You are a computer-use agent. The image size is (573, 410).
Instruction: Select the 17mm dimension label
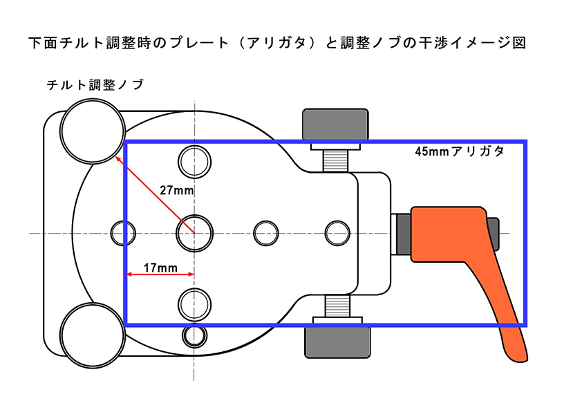click(x=160, y=266)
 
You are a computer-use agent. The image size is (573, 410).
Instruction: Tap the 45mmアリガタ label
click(x=459, y=151)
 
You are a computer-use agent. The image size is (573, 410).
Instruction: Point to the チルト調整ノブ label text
click(x=95, y=85)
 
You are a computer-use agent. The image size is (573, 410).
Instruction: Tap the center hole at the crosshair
click(x=194, y=233)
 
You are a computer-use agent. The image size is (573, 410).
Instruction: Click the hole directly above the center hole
click(x=194, y=162)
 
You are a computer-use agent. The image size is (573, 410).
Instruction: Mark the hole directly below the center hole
click(x=194, y=302)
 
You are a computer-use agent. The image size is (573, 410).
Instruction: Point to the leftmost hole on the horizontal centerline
click(x=124, y=232)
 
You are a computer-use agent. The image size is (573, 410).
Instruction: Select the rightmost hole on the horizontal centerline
click(x=338, y=232)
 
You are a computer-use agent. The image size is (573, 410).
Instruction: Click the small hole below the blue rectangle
click(x=194, y=336)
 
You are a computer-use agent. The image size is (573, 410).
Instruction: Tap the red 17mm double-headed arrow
click(x=160, y=275)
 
